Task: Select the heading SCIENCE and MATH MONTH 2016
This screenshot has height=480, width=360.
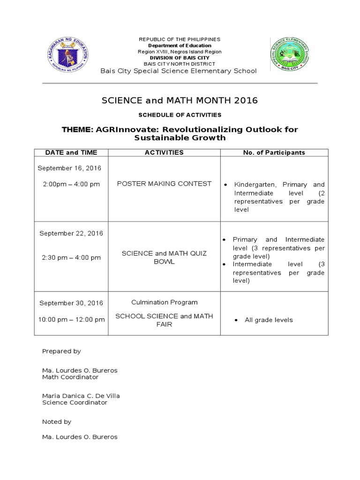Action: tap(180, 101)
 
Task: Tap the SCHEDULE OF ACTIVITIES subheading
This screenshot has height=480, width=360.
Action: tap(180, 115)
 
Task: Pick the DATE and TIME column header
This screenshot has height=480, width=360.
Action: tap(71, 152)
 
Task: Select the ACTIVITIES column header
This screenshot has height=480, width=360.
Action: tap(164, 152)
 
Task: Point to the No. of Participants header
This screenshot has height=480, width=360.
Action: tap(274, 152)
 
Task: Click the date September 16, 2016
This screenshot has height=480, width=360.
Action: tap(69, 168)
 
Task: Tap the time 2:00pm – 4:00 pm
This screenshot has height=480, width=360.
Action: tap(71, 184)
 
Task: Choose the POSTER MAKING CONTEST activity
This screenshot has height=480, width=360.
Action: tap(164, 184)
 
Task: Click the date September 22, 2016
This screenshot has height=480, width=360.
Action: tap(71, 233)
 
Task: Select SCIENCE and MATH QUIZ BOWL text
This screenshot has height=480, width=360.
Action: tap(164, 257)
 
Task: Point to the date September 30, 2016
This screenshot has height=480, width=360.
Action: tap(71, 303)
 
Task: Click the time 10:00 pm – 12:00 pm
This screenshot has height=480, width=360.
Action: tap(71, 320)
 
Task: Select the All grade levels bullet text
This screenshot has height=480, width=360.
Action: tap(269, 320)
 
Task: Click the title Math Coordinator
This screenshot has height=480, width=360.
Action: tap(70, 377)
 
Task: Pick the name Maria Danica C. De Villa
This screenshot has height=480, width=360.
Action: tap(81, 396)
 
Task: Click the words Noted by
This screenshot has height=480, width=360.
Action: tap(57, 421)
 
